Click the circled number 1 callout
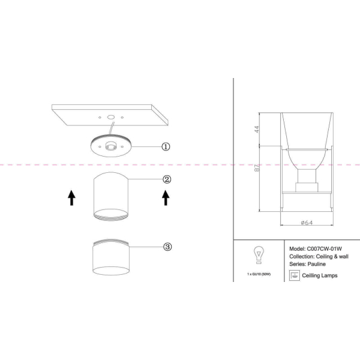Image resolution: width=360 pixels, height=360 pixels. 166,146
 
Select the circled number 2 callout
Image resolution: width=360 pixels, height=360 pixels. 167,179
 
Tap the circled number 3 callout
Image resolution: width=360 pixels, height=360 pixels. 167,247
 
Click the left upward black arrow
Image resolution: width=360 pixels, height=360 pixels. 71,197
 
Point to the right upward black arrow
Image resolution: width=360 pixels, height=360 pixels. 166,197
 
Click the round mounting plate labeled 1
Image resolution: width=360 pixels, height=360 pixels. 111,146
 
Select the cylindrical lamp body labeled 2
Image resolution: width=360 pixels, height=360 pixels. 111,197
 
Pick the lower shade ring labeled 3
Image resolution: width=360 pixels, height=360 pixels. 111,257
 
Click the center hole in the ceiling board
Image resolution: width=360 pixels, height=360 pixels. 111,118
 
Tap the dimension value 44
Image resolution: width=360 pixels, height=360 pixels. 257,129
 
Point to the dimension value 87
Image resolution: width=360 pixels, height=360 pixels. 257,168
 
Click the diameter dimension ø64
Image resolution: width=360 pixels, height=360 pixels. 307,223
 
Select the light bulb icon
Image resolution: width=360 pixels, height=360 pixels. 259,255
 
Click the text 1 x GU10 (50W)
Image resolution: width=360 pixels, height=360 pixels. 259,274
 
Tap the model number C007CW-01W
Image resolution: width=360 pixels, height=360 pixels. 325,249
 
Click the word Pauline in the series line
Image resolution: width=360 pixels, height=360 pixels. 317,264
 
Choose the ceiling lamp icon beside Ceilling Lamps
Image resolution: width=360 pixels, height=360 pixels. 295,275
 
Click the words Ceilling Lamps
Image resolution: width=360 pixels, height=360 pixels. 320,275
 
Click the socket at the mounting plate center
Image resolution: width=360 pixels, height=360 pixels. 111,146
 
